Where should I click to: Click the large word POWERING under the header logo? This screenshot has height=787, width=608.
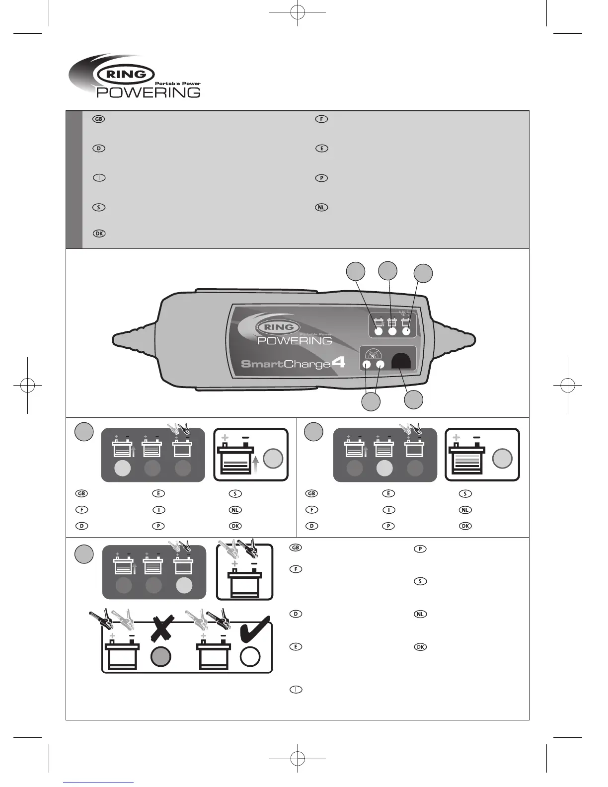(x=148, y=92)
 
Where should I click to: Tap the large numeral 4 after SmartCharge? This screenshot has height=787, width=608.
(x=338, y=362)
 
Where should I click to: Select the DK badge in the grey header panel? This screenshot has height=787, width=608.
(x=99, y=234)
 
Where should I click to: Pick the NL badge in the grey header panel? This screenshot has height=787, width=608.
(x=321, y=207)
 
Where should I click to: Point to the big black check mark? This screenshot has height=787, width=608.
(x=254, y=629)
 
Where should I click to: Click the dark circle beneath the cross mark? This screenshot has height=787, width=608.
(x=160, y=656)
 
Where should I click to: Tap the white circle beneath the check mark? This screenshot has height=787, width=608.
(x=250, y=656)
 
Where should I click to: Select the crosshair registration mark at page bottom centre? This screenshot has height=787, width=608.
(x=297, y=759)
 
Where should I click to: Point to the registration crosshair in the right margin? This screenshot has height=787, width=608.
(x=567, y=385)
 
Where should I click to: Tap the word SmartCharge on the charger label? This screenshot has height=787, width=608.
(x=285, y=364)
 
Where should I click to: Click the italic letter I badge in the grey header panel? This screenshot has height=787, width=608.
(x=99, y=178)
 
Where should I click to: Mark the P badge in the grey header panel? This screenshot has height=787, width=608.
(x=321, y=178)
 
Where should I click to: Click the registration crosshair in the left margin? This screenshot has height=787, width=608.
(x=27, y=385)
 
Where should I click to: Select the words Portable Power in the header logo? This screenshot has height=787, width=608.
(x=178, y=83)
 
